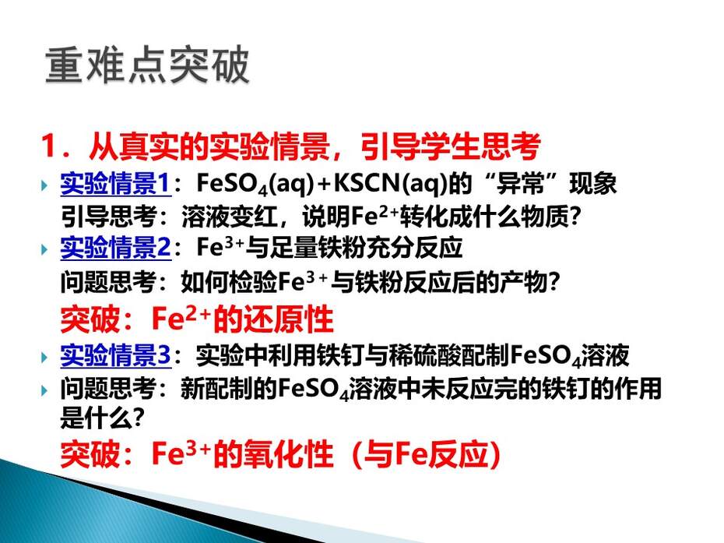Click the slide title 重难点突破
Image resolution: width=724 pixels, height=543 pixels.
point(147,65)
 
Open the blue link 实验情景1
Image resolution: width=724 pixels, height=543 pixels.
point(115,183)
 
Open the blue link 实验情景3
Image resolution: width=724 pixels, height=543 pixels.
point(115,355)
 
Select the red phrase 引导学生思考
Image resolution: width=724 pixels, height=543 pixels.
point(450,146)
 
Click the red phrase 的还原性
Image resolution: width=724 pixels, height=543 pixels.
point(273,319)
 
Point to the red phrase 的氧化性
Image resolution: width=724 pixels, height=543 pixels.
point(273,454)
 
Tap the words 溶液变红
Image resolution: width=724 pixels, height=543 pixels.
point(229,217)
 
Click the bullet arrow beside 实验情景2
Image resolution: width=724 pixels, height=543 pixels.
point(44,249)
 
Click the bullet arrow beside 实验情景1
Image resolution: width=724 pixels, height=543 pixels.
point(44,185)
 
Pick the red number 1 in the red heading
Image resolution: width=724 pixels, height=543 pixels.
point(49,146)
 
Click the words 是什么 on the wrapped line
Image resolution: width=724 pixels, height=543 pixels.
point(96,418)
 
